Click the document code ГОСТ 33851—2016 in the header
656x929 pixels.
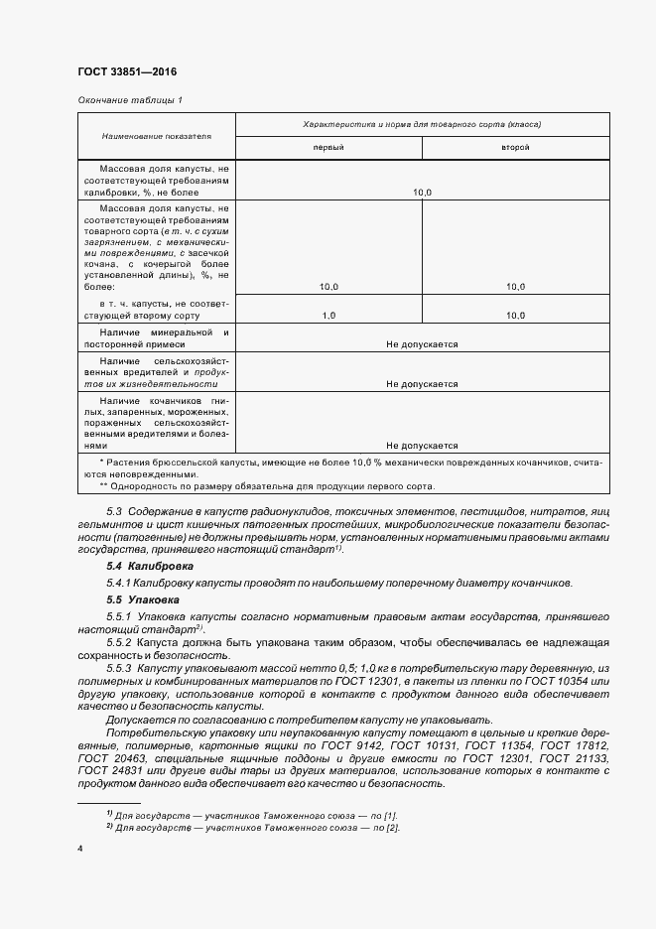[x=126, y=70]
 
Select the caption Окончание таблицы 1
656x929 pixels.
[x=130, y=100]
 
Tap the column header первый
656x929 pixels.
[x=329, y=147]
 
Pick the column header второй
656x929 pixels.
[x=514, y=147]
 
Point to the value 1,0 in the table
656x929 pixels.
[x=329, y=315]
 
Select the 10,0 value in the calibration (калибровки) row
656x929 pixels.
[x=422, y=192]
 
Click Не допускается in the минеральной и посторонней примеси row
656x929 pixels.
[x=422, y=343]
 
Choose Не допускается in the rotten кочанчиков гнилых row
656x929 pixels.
[x=422, y=446]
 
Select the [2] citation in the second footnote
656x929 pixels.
[x=393, y=828]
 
